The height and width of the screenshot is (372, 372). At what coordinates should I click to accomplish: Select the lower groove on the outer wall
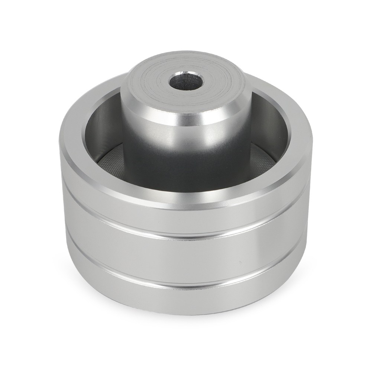pyautogui.click(x=186, y=286)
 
